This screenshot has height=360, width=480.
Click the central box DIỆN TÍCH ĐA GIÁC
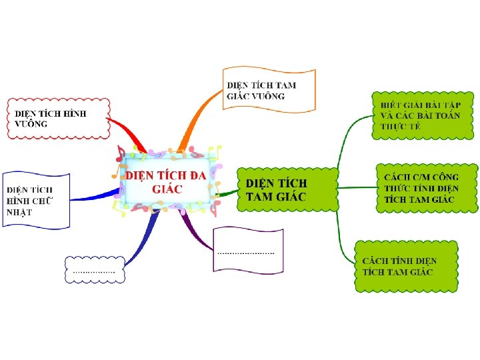click(x=167, y=180)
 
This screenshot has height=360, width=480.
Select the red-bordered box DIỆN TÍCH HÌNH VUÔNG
click(x=57, y=118)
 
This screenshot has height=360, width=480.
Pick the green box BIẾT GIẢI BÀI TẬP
click(x=424, y=115)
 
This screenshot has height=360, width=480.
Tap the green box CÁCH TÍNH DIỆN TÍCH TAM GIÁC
click(x=406, y=266)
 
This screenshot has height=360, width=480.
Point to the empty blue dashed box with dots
click(x=94, y=269)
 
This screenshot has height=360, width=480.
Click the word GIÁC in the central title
click(x=167, y=189)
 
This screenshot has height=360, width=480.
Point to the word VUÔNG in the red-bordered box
click(x=31, y=124)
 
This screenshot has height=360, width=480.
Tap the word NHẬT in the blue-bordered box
click(x=19, y=213)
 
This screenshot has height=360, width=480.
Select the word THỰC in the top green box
click(x=391, y=127)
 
